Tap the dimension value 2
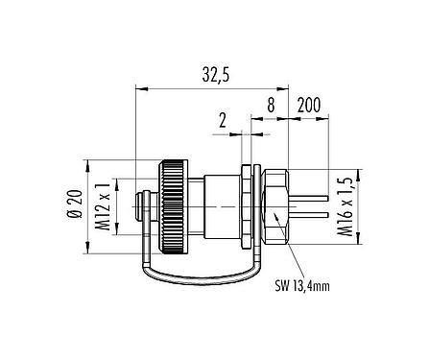coord(223,120)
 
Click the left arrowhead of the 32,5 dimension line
coord(141,89)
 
